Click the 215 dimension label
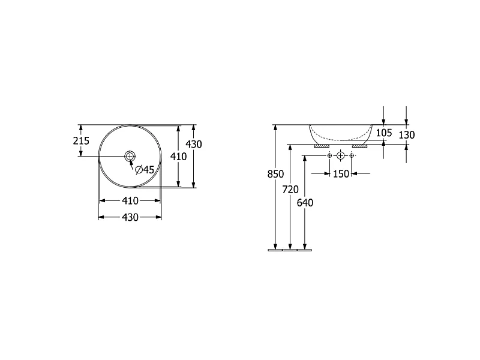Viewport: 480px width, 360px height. pyautogui.click(x=81, y=141)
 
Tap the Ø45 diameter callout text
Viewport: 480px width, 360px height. pyautogui.click(x=145, y=169)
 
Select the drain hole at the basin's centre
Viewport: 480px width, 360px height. pyautogui.click(x=130, y=156)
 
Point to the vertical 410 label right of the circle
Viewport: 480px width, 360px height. pyautogui.click(x=178, y=157)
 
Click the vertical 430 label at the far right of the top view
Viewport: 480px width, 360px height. pyautogui.click(x=194, y=144)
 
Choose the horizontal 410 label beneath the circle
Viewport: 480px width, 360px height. pyautogui.click(x=130, y=201)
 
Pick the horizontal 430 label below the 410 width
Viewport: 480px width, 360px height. pyautogui.click(x=130, y=217)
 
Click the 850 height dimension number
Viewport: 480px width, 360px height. pyautogui.click(x=275, y=174)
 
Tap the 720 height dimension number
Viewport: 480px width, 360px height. pyautogui.click(x=290, y=190)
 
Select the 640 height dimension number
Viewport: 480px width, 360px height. pyautogui.click(x=305, y=203)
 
